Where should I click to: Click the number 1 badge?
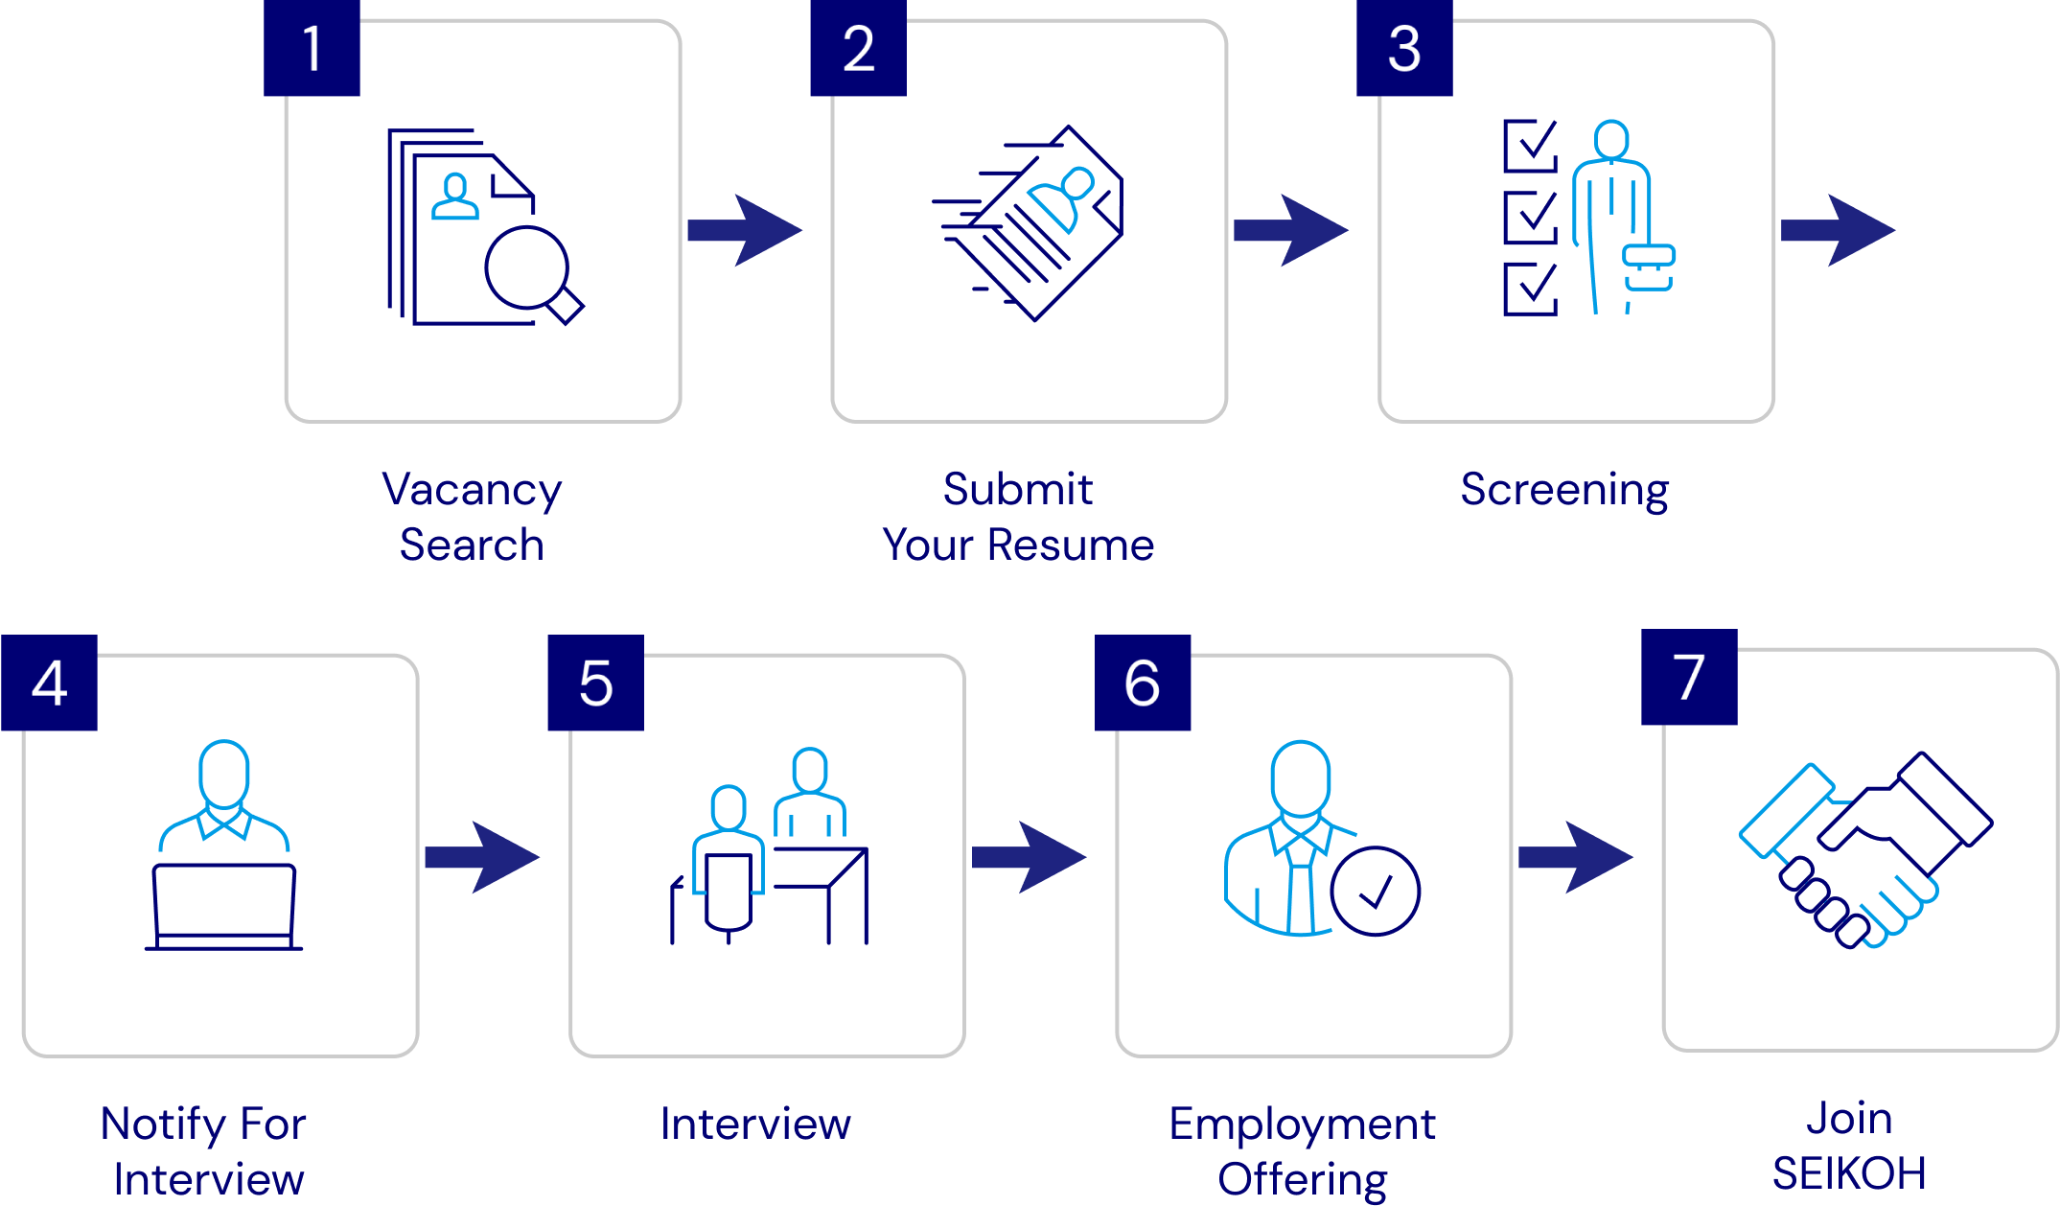click(312, 48)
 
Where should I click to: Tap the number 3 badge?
click(1404, 48)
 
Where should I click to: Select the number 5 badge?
click(595, 683)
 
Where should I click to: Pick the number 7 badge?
click(1689, 677)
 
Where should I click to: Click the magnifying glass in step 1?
click(530, 271)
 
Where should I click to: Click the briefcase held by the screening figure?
click(1649, 267)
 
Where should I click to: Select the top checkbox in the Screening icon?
click(1530, 146)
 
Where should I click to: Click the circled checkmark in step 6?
click(1375, 892)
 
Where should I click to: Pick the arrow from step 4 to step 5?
click(482, 857)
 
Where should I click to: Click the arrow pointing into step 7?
click(1576, 857)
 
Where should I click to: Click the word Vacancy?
click(472, 491)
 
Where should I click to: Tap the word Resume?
click(1070, 545)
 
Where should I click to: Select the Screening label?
click(1564, 490)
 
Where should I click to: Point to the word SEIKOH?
click(1849, 1173)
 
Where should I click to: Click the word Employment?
click(1302, 1125)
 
